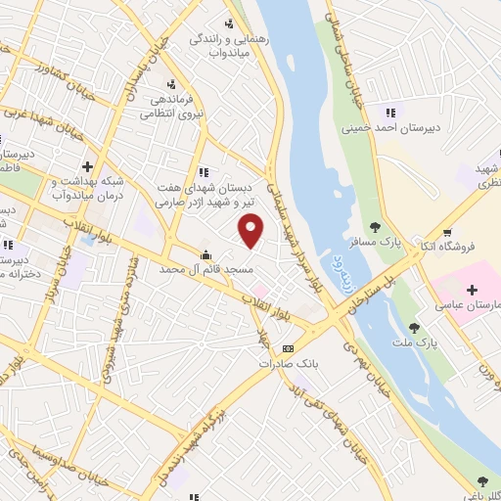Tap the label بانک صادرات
[x=289, y=363]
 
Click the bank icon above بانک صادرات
[x=288, y=348]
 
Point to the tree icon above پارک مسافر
[x=376, y=228]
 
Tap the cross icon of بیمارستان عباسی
[x=473, y=291]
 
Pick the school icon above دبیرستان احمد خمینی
[x=391, y=112]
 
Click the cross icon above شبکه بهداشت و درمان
[x=87, y=167]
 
